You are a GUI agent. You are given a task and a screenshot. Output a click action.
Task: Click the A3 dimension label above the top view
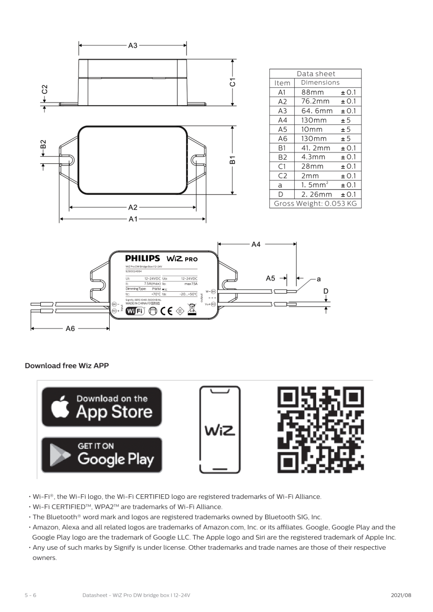(133, 45)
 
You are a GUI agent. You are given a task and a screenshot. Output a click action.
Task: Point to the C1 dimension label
(233, 82)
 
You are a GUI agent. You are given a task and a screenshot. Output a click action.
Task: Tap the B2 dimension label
(43, 145)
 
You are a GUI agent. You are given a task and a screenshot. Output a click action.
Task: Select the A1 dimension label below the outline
(133, 219)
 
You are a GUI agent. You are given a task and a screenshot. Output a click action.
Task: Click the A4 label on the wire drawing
(256, 244)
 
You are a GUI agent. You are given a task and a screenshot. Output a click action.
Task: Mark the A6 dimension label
(70, 329)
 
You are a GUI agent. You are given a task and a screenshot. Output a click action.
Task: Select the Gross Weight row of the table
(315, 203)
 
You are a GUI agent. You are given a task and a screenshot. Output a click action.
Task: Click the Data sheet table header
(315, 73)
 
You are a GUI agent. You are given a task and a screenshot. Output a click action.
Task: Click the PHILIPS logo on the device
(142, 259)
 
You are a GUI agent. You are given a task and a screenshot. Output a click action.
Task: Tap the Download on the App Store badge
(101, 407)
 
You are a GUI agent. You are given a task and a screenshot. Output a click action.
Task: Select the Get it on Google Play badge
(101, 454)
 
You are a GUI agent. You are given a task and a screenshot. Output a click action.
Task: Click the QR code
(321, 428)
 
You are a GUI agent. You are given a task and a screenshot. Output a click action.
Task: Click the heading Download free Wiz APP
(67, 366)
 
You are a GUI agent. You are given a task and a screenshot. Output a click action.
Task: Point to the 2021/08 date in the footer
(401, 595)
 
